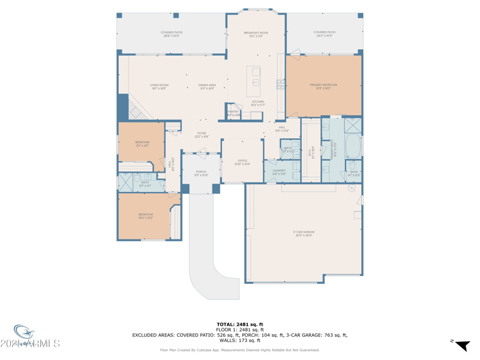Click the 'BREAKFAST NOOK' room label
(256, 33)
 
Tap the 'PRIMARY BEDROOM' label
(323, 85)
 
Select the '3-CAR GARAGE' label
(304, 232)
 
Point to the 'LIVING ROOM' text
(159, 85)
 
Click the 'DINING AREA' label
(207, 85)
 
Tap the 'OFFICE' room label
(242, 161)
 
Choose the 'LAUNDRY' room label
(279, 171)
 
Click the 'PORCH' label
(201, 172)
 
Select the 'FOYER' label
(202, 133)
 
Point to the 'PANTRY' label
(233, 112)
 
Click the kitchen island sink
(255, 82)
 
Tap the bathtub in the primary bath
(353, 146)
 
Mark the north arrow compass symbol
(461, 345)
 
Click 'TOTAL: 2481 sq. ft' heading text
(240, 325)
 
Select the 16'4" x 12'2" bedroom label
(146, 215)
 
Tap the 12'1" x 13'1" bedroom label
(142, 143)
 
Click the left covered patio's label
(172, 33)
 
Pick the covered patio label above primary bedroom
(325, 33)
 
